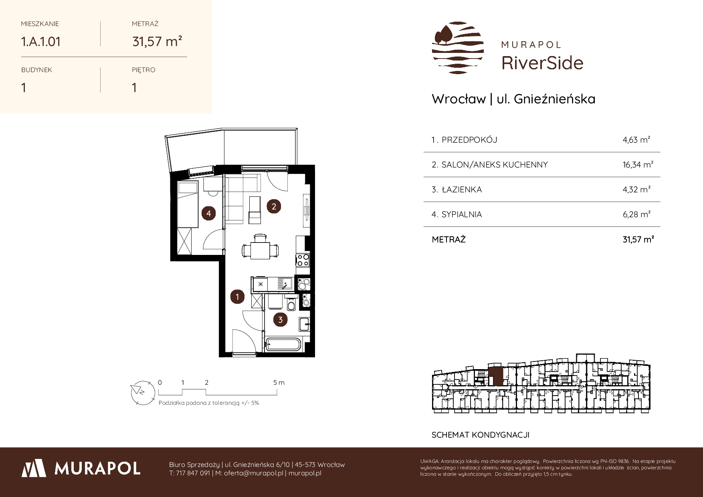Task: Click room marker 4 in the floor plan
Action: (x=209, y=214)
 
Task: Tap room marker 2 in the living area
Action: (x=274, y=207)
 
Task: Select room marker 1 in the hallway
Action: (x=238, y=297)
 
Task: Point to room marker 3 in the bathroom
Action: (x=280, y=319)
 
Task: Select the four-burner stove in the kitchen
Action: (x=302, y=260)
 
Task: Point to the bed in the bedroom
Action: (x=188, y=204)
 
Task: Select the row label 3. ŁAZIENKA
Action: (x=457, y=190)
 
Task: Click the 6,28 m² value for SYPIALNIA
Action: (x=636, y=214)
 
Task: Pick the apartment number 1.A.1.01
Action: (x=41, y=41)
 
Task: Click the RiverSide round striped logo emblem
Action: (x=458, y=48)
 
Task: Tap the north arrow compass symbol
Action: (x=142, y=392)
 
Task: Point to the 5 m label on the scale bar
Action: (x=279, y=383)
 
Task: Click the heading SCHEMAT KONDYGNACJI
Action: (x=481, y=435)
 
